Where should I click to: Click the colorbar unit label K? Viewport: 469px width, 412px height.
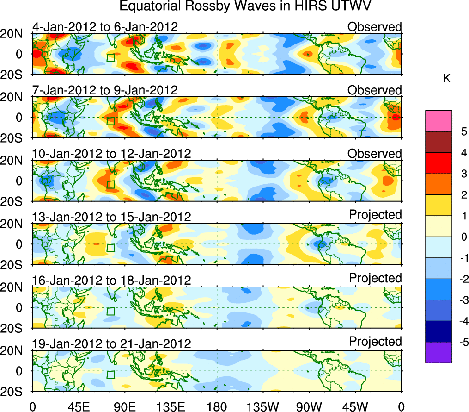(x=446, y=79)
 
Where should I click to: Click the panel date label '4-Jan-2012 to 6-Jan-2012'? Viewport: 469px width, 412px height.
(x=105, y=27)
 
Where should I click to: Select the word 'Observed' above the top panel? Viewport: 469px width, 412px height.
(x=374, y=27)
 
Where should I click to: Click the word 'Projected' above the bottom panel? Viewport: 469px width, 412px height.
(x=375, y=342)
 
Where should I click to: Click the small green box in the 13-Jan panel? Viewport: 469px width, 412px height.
(x=110, y=248)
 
